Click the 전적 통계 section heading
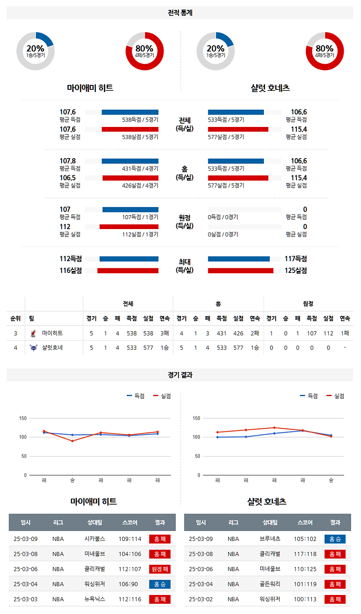(180, 13)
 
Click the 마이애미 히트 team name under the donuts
(90, 89)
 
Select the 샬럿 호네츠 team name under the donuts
(270, 89)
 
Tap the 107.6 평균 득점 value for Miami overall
(68, 112)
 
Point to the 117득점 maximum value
(296, 259)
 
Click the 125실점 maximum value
(296, 271)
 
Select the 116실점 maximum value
(70, 271)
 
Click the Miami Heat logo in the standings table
(33, 333)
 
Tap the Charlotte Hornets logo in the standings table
(33, 348)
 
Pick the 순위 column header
(15, 319)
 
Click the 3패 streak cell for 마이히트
(164, 333)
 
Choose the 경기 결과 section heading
(180, 375)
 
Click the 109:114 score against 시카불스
(130, 539)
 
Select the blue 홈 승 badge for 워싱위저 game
(159, 584)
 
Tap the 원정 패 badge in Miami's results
(159, 569)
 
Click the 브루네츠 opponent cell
(270, 539)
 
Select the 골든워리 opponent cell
(270, 584)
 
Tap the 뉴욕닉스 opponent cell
(94, 600)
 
